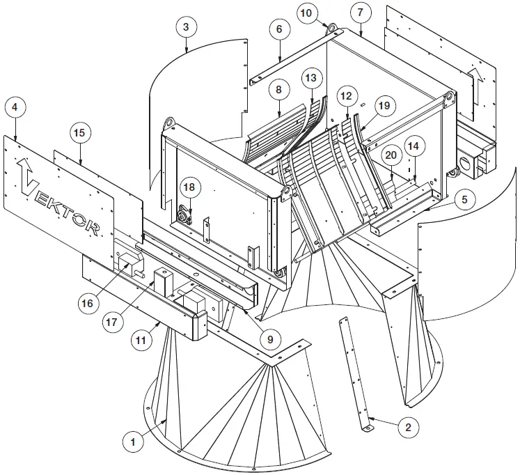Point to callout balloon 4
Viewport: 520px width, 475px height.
[x=15, y=109]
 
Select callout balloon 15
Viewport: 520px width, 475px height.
[x=79, y=132]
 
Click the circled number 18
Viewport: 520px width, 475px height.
[x=189, y=187]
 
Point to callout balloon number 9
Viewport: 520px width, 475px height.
[x=270, y=340]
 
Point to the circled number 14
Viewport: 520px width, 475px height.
[x=413, y=148]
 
